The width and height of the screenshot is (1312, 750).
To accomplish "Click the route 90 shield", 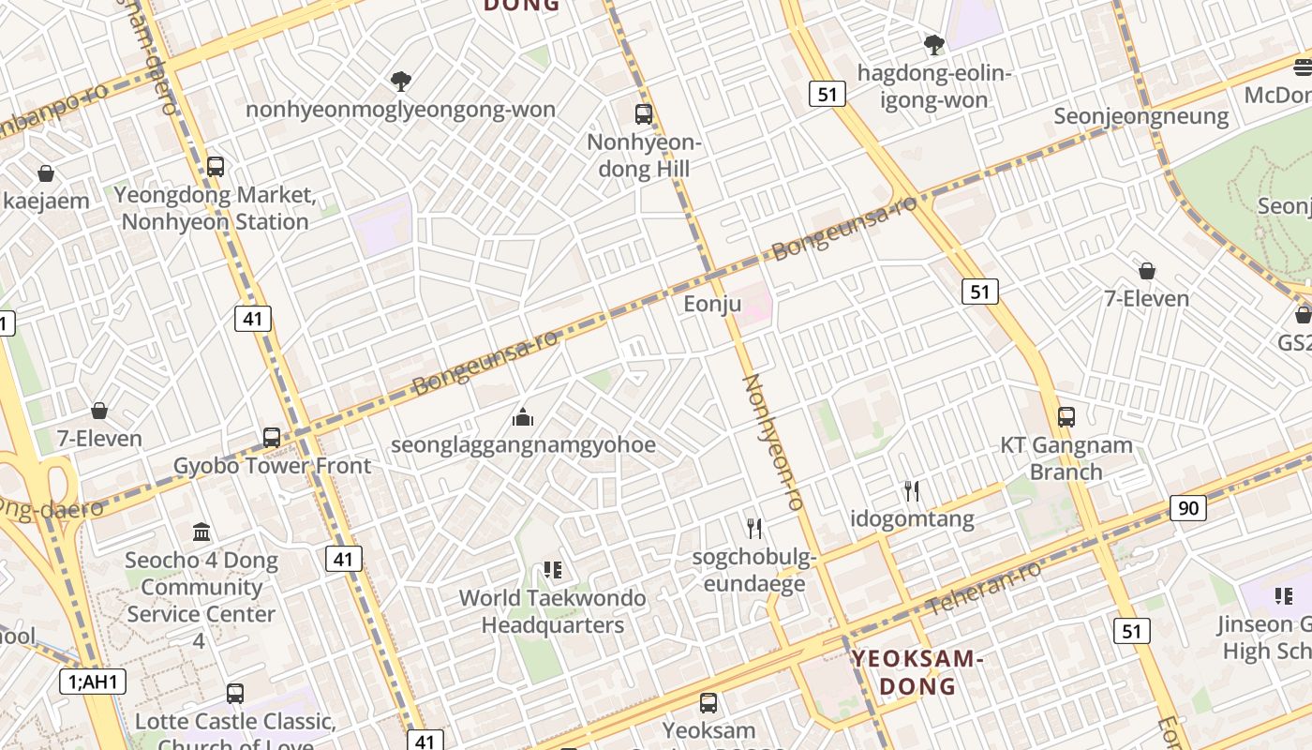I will tap(1187, 508).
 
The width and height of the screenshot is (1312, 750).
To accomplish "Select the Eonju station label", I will tap(712, 304).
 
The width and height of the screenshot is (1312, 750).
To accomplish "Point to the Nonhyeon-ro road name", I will tap(773, 442).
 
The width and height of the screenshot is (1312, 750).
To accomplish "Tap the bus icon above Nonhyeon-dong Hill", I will tap(643, 114).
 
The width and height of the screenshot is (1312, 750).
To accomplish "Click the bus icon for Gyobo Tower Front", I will tap(272, 437).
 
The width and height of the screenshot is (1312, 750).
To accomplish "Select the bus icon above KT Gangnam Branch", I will tap(1066, 416).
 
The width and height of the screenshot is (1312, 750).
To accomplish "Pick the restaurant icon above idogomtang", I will tap(911, 490).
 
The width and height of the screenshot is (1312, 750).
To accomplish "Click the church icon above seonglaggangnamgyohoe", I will tap(523, 416).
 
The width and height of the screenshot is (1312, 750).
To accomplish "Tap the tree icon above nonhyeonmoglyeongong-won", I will tap(401, 82).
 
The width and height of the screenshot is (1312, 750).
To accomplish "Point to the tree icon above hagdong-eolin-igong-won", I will tap(933, 44).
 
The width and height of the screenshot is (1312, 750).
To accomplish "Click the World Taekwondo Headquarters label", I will tap(552, 611).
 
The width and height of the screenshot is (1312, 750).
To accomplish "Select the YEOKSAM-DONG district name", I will tap(917, 671).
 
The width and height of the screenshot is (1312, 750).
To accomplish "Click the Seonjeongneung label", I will tap(1141, 116).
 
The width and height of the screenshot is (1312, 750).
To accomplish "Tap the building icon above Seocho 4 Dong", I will tap(201, 532).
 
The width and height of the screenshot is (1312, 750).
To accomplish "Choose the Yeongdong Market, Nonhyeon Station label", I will tap(215, 208).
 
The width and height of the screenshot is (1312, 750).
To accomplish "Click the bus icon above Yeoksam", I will tap(708, 702).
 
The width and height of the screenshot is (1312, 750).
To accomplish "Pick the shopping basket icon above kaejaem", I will tap(45, 172).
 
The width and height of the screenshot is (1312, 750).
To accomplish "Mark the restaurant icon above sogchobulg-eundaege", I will tap(754, 529).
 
